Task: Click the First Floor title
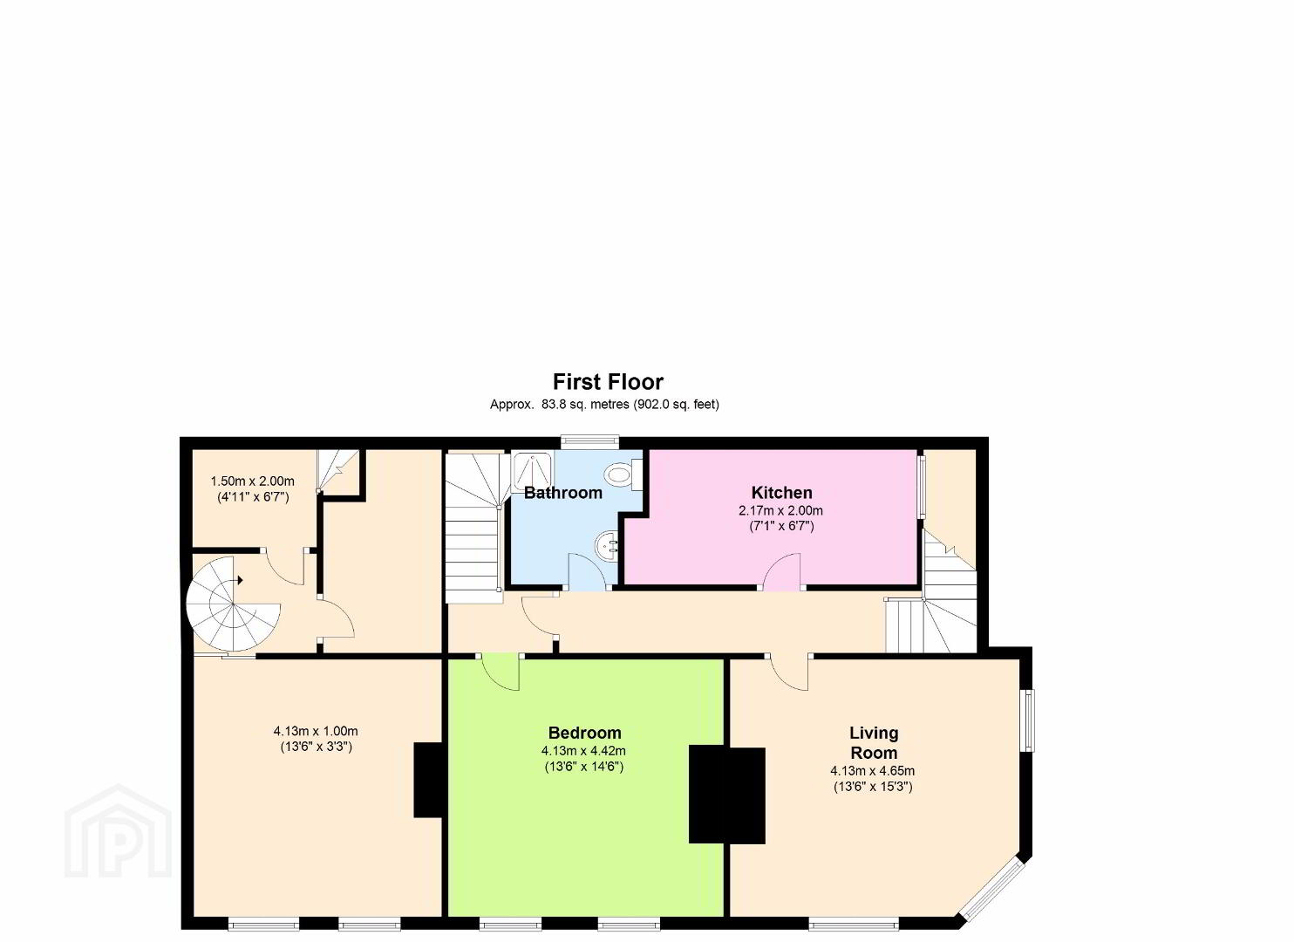click(609, 382)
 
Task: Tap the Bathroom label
click(562, 493)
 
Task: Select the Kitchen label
click(781, 493)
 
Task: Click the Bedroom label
click(584, 733)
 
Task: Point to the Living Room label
click(874, 742)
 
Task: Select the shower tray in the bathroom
click(532, 471)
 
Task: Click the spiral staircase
click(233, 604)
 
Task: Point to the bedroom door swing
click(501, 672)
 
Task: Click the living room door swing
click(789, 672)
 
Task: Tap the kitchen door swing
click(782, 571)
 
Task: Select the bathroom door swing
click(588, 571)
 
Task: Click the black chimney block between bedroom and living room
click(726, 795)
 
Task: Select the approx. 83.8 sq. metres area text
click(604, 405)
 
